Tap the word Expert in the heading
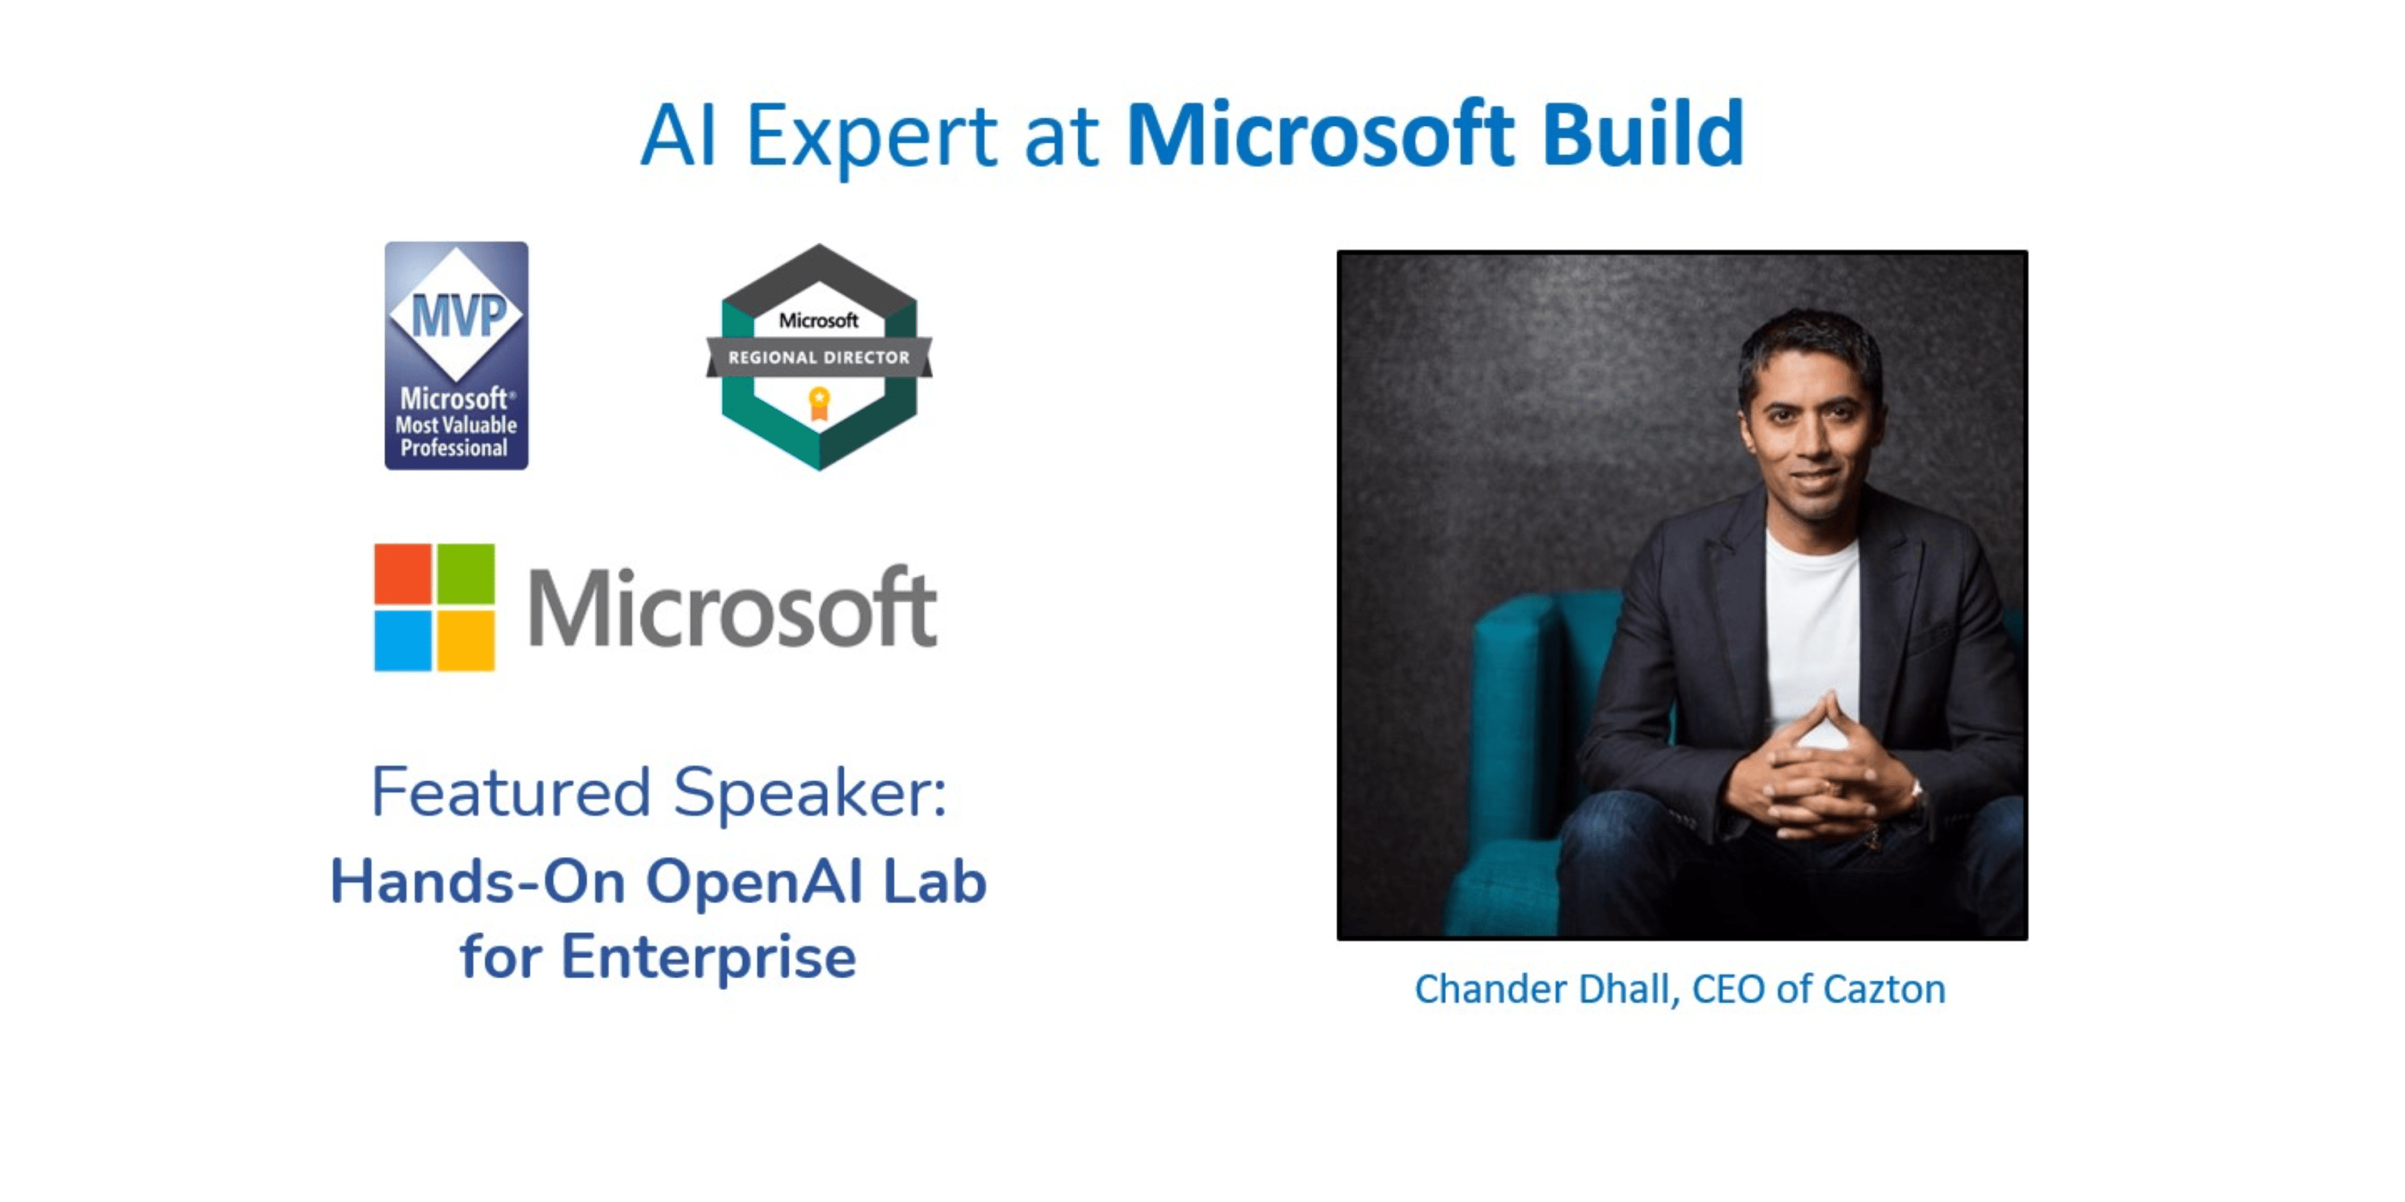click(x=872, y=136)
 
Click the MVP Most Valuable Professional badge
click(x=456, y=355)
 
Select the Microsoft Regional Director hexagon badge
click(x=819, y=357)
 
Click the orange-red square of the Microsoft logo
click(x=402, y=573)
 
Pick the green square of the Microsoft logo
click(x=466, y=573)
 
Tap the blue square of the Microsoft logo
click(x=402, y=640)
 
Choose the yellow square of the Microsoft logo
click(x=466, y=640)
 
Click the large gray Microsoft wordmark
click(x=733, y=606)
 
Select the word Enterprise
click(x=709, y=958)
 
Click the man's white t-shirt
click(x=1812, y=635)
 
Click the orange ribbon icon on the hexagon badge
click(x=819, y=404)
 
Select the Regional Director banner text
click(x=819, y=358)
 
